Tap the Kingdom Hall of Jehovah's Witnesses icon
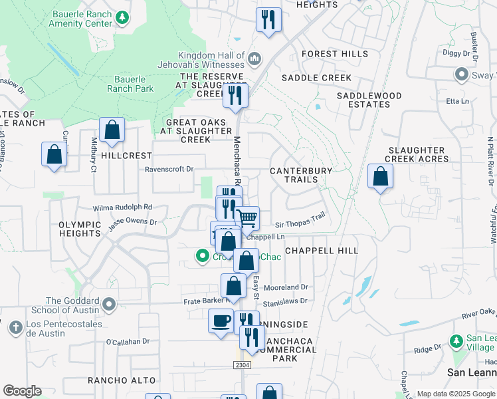tap(254, 61)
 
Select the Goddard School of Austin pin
tap(109, 305)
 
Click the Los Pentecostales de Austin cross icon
tap(15, 327)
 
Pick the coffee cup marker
tap(221, 321)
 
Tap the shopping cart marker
tap(247, 217)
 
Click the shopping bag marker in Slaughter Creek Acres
tap(380, 176)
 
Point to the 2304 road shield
tap(243, 365)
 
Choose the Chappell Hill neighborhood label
tap(322, 251)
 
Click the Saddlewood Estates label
tap(369, 100)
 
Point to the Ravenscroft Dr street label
tap(170, 170)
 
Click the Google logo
tap(22, 392)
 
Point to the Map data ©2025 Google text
tap(456, 394)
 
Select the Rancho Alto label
tap(122, 380)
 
